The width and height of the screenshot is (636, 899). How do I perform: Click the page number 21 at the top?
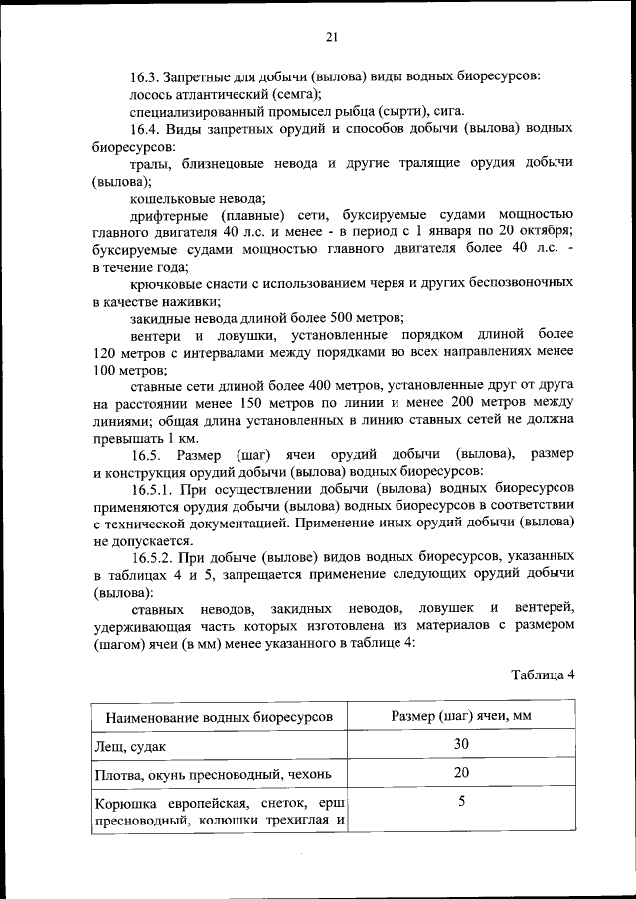point(331,37)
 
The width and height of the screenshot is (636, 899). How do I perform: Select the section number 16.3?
point(146,76)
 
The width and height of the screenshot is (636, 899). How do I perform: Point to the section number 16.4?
point(146,130)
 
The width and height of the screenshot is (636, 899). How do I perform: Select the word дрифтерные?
point(169,216)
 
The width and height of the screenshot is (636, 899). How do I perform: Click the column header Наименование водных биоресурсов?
point(213,718)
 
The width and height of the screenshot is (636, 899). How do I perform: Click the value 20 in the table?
point(460,773)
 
